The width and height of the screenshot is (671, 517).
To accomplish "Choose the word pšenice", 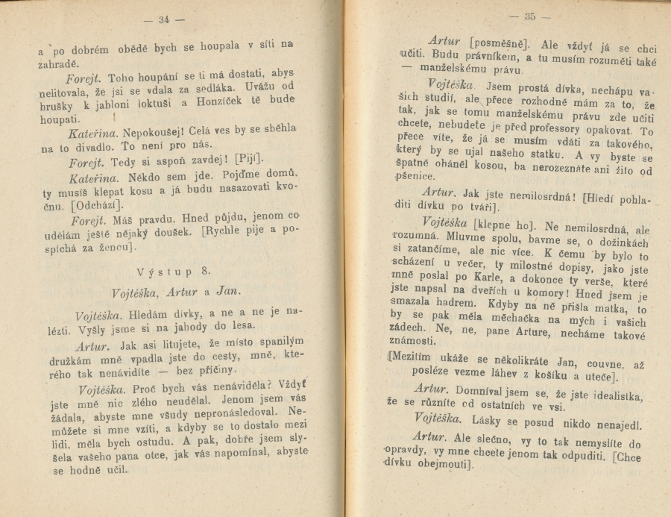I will (x=415, y=177).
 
